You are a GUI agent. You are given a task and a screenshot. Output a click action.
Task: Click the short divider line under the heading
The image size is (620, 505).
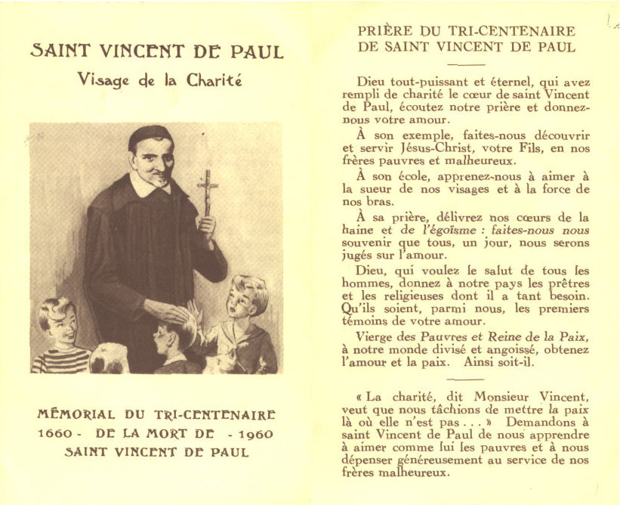click(465, 65)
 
